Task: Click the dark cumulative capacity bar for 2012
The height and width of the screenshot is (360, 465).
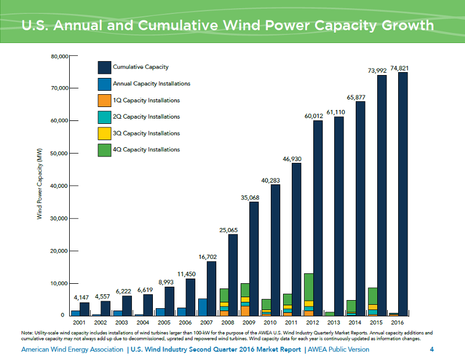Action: point(318,218)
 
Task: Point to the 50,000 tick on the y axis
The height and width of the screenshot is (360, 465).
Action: point(58,154)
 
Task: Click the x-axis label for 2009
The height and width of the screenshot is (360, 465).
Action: point(249,322)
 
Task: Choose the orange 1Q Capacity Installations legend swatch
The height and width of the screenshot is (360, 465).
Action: point(104,100)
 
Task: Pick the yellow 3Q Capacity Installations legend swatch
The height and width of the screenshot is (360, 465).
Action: point(104,133)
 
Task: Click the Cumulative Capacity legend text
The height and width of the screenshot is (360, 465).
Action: point(141,67)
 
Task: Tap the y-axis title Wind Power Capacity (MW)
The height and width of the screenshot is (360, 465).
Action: point(40,183)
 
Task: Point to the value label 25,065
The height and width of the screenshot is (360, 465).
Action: point(229,230)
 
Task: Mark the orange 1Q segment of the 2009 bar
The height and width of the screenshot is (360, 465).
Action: point(245,311)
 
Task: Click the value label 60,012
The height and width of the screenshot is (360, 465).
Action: point(314,116)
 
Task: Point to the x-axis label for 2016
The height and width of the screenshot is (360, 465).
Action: point(398,322)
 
